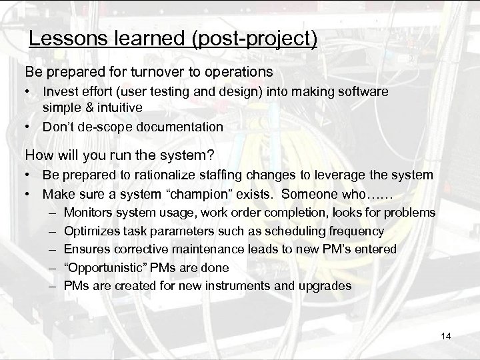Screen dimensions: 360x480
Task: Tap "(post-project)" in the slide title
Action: (255, 39)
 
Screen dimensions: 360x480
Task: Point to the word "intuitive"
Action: (122, 107)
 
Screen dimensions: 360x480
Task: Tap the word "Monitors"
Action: (88, 213)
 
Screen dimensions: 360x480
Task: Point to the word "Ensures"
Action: (85, 249)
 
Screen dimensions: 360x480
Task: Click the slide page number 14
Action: (447, 337)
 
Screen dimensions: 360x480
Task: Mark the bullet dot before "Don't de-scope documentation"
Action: (29, 126)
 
